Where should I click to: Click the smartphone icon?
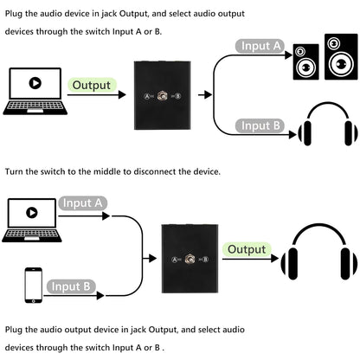(x=33, y=284)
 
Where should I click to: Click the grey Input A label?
(x=260, y=47)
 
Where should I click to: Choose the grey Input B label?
(x=260, y=125)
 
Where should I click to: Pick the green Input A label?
(x=84, y=203)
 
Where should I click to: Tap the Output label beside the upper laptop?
(x=91, y=85)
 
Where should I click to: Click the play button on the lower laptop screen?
(x=32, y=212)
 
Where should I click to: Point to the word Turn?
(x=14, y=171)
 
